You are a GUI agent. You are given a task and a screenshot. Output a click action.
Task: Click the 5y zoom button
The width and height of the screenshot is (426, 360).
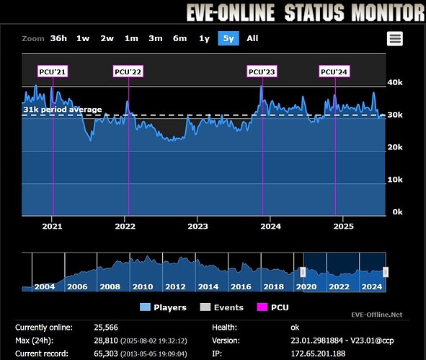(x=228, y=39)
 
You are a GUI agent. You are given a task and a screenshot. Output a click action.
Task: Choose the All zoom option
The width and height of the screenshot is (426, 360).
(x=252, y=39)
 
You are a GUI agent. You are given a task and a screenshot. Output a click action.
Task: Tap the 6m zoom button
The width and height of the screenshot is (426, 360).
(x=179, y=39)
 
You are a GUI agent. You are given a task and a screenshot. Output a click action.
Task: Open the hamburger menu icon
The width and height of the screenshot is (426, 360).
(x=394, y=39)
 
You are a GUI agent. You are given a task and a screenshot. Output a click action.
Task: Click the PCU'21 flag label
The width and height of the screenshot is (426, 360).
(x=53, y=71)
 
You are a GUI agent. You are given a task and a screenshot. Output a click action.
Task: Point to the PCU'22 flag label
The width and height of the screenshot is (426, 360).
(x=128, y=71)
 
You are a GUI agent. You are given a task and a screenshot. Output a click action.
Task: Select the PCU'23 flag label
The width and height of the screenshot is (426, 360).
(x=262, y=71)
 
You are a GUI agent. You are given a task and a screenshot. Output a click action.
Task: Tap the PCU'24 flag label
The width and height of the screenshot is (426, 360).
(x=334, y=71)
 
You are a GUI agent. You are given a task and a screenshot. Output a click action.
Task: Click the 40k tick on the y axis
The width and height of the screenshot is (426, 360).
(x=396, y=83)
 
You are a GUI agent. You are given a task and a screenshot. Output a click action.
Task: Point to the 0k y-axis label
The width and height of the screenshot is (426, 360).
(x=396, y=212)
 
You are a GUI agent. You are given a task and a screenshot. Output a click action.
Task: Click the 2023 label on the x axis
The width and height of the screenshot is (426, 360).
(x=198, y=226)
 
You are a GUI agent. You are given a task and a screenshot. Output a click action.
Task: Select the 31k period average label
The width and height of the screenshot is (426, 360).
(x=63, y=110)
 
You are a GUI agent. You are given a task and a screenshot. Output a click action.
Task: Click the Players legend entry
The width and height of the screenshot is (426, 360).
(x=165, y=307)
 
